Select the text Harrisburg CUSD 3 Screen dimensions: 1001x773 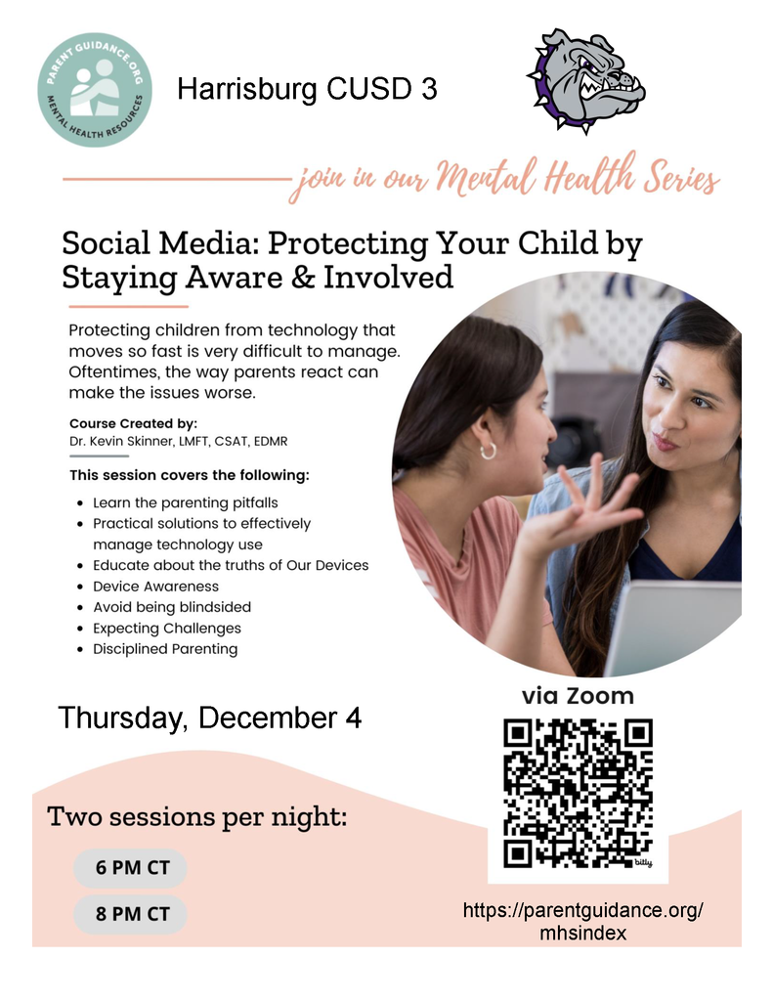point(306,90)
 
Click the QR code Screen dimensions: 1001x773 point(578,793)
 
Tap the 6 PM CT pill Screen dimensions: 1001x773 point(131,868)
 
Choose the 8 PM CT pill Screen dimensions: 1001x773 point(131,914)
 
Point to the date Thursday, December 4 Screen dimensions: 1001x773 point(210,718)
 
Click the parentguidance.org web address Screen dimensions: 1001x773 point(582,921)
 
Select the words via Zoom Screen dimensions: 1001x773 point(577,696)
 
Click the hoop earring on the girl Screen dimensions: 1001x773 point(488,451)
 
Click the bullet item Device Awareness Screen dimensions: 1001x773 point(155,587)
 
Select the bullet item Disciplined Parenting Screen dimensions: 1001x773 point(165,648)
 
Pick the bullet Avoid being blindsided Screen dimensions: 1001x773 point(172,607)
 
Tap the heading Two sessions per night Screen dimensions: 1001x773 point(197,817)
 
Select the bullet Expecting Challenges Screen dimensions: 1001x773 point(167,628)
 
